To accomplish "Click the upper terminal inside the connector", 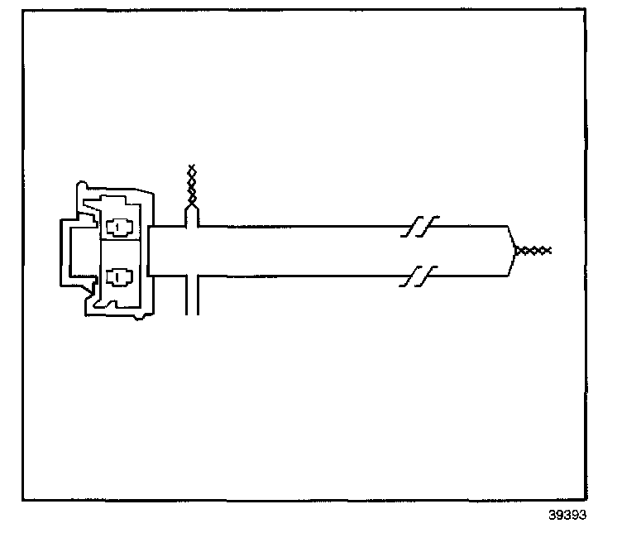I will pos(121,226).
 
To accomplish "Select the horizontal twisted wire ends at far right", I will pos(534,250).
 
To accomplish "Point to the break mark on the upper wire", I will pos(419,225).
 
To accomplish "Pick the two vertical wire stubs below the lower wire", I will pos(193,298).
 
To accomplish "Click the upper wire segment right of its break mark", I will pos(467,224).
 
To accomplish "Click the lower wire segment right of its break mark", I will pos(467,277).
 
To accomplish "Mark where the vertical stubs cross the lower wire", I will pos(193,277).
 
